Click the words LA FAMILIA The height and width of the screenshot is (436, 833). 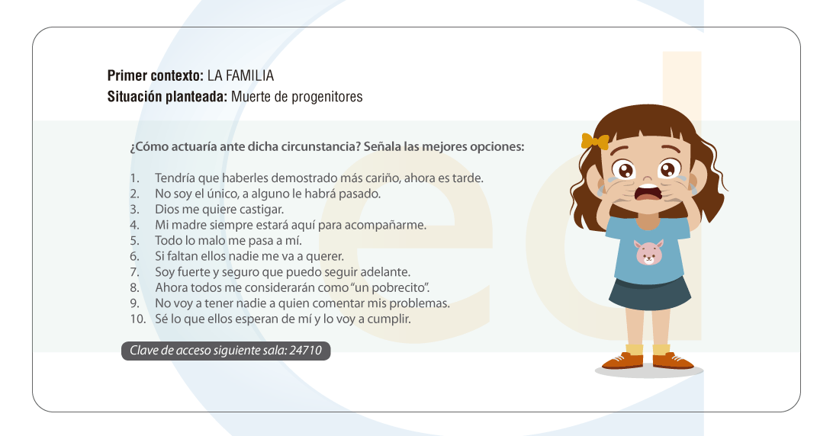point(240,75)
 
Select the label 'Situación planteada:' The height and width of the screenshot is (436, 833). point(167,97)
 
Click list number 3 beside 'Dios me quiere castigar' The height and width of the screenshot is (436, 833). point(134,210)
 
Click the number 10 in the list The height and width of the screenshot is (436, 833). point(137,319)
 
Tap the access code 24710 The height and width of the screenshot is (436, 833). point(305,351)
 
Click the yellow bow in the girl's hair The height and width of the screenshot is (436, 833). point(595,141)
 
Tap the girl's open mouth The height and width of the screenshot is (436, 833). point(648,192)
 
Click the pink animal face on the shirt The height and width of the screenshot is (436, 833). point(649,253)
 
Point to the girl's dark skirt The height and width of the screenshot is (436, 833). point(649,293)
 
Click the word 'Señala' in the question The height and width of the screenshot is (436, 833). point(382,146)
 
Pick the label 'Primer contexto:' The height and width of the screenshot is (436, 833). point(155,75)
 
